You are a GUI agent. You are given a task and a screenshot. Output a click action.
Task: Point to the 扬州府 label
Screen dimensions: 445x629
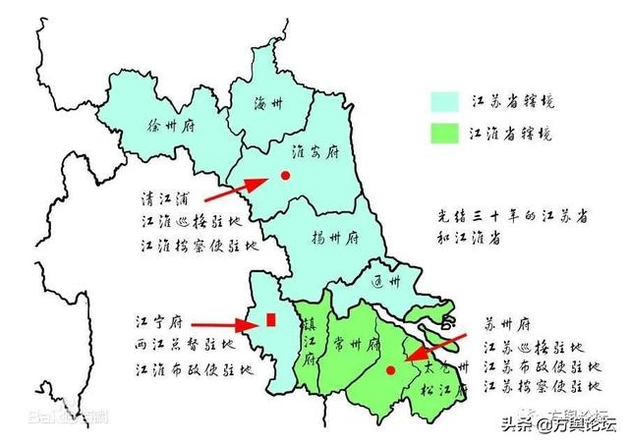pyautogui.click(x=335, y=239)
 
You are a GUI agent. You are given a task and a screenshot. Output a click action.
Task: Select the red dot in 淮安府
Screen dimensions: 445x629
pyautogui.click(x=285, y=176)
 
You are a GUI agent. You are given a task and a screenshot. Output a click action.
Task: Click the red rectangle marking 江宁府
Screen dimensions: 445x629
pyautogui.click(x=270, y=319)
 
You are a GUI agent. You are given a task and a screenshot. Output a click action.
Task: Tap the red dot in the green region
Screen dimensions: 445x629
pyautogui.click(x=391, y=371)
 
